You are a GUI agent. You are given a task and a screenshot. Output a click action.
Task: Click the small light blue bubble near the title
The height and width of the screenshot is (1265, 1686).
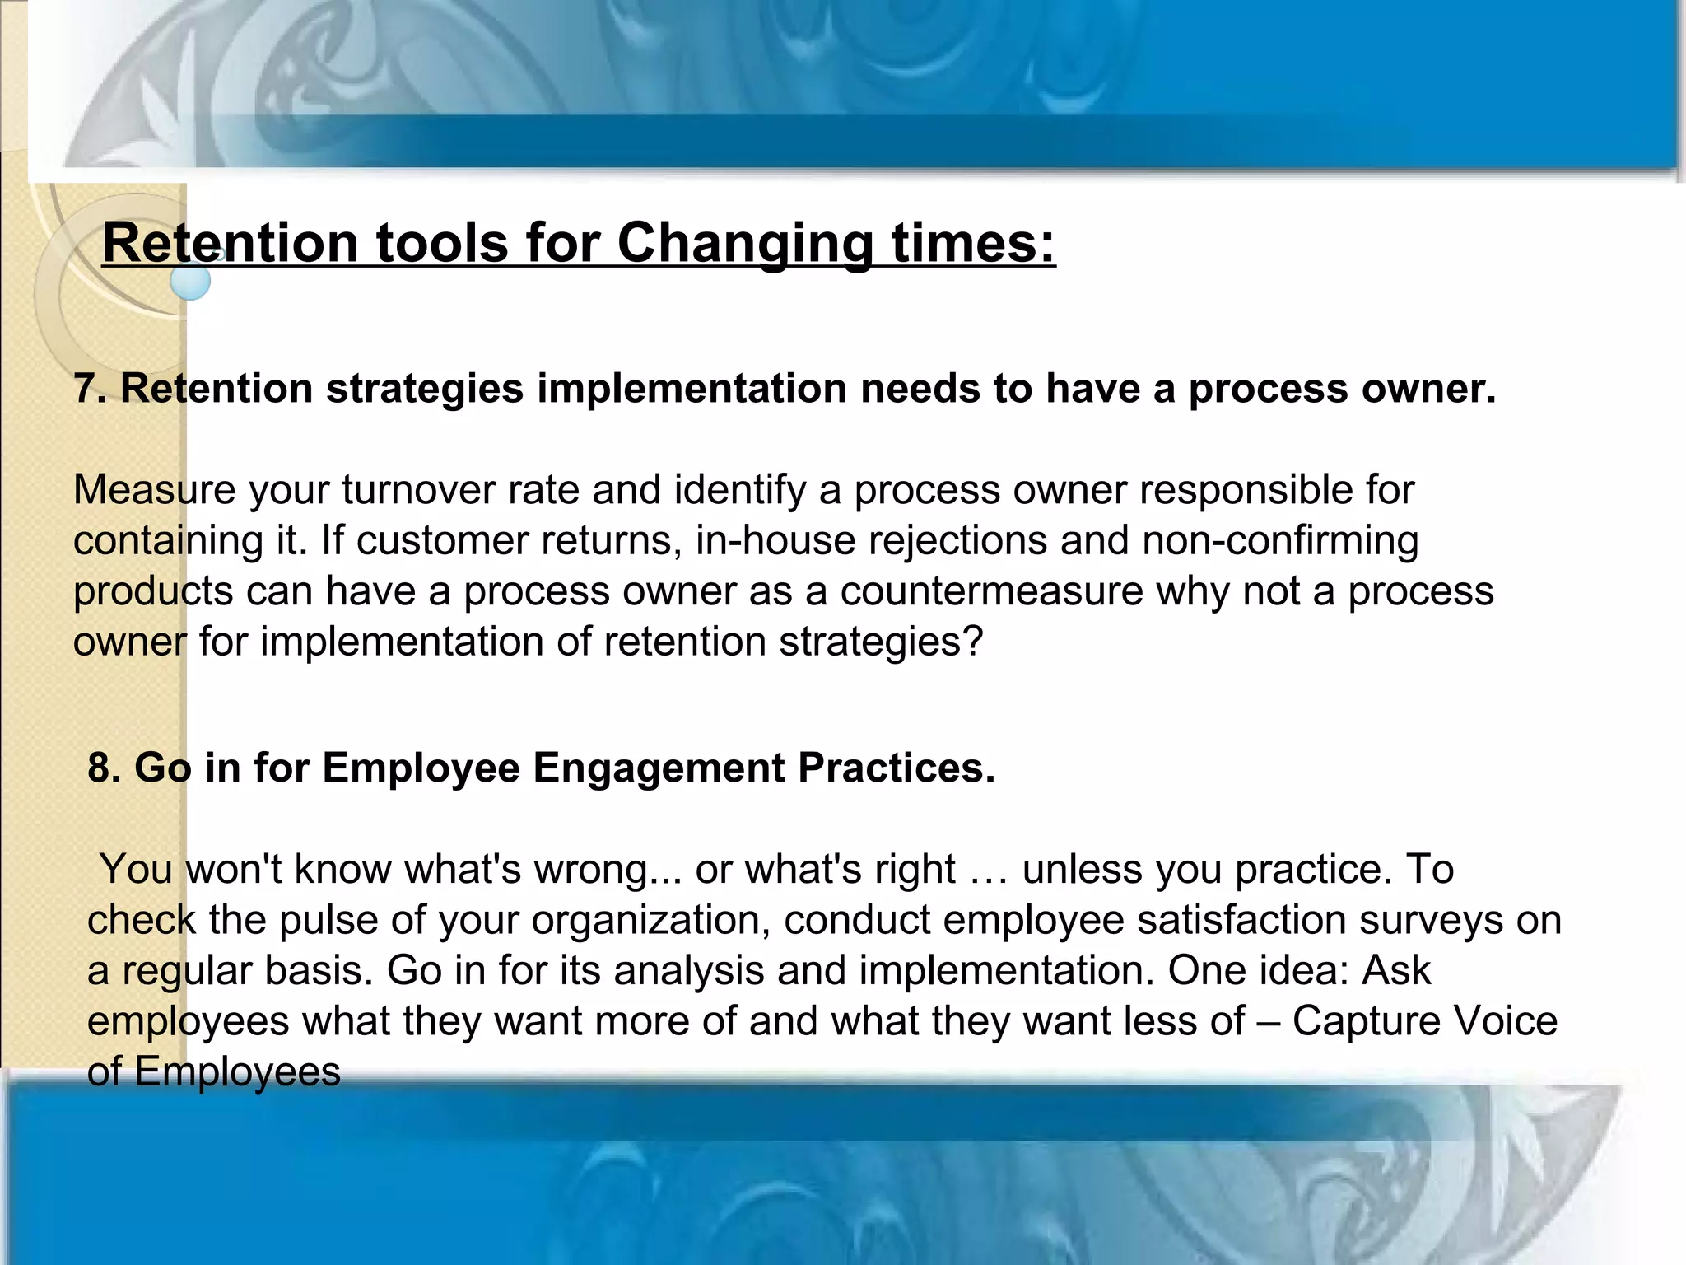click(190, 282)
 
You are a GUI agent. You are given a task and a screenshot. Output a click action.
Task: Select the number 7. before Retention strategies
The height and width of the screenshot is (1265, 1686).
click(90, 389)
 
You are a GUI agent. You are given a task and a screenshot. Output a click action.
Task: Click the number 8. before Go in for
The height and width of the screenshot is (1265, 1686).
click(105, 768)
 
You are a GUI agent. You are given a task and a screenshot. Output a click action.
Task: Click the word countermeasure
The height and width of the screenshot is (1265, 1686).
click(991, 591)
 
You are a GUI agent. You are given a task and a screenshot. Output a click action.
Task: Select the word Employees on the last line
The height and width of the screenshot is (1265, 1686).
click(237, 1072)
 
